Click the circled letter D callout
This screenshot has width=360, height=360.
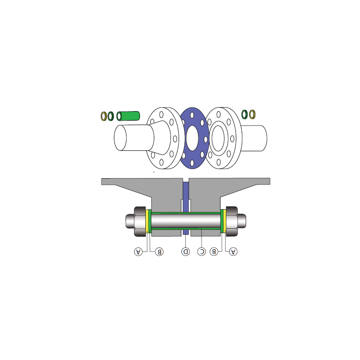185,252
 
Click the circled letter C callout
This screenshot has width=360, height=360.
202,252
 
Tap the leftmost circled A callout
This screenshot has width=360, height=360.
138,252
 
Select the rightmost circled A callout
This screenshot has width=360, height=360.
233,252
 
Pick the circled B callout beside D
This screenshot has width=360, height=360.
159,252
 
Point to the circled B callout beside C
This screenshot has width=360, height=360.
214,252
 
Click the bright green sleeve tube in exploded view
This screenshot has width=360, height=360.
128,116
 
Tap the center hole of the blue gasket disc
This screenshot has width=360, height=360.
192,138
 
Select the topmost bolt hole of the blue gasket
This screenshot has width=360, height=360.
192,115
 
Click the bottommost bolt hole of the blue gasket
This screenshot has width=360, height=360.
192,163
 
